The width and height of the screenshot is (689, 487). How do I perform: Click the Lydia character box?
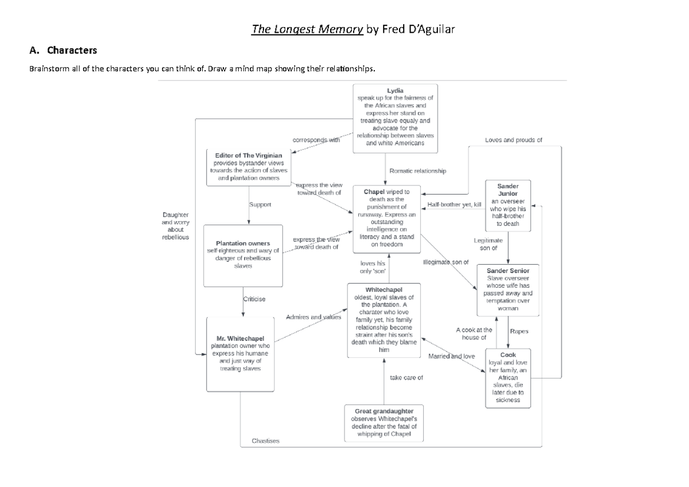tap(395, 118)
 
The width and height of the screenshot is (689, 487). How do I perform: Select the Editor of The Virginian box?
tap(248, 167)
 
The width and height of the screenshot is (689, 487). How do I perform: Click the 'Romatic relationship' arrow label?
tap(417, 171)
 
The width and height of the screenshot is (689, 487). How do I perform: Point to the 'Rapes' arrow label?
tap(519, 331)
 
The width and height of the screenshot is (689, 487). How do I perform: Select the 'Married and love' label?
tap(452, 356)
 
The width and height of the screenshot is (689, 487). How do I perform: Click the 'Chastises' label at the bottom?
tap(266, 441)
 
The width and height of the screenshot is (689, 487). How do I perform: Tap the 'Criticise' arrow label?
tap(254, 299)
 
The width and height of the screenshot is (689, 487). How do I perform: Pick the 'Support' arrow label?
tap(260, 204)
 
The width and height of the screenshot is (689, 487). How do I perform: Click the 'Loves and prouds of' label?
tap(513, 140)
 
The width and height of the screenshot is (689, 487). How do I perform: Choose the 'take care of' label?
tap(406, 377)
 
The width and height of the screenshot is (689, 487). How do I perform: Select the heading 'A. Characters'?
tap(64, 50)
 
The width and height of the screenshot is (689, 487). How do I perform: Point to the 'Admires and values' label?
tap(313, 316)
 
